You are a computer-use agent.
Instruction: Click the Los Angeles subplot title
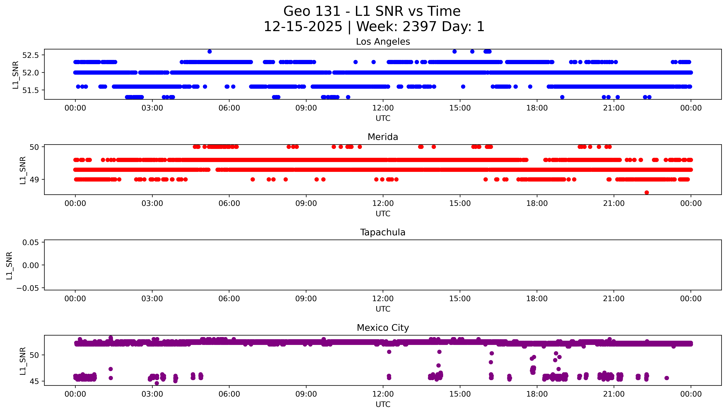point(383,42)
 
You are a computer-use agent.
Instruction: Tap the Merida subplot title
point(383,137)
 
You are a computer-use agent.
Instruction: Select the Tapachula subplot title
point(383,232)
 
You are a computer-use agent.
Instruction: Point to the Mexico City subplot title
point(383,328)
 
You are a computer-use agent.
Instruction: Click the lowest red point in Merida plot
point(647,192)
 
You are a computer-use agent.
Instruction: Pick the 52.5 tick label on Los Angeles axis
point(30,55)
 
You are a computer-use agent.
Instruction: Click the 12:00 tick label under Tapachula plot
point(383,299)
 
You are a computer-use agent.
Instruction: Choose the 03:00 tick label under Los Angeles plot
point(152,108)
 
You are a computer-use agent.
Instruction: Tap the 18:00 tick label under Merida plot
point(537,203)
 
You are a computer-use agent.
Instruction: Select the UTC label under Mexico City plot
point(383,404)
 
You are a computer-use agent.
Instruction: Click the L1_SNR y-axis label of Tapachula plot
point(9,265)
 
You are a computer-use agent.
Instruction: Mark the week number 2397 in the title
point(419,27)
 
